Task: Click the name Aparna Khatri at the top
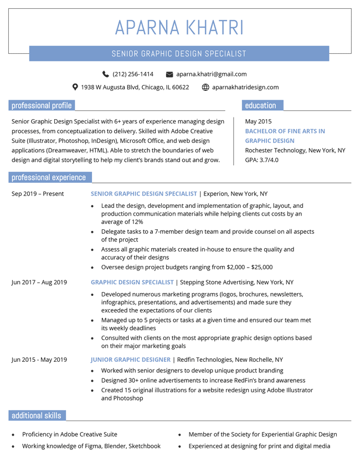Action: click(x=179, y=27)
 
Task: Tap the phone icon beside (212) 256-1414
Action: click(x=106, y=74)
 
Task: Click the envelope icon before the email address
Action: click(x=170, y=74)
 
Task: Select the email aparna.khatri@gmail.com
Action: click(x=211, y=74)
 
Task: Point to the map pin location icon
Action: click(x=75, y=87)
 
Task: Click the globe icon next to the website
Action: click(x=205, y=87)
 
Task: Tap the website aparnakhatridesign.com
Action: click(x=245, y=87)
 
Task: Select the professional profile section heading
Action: click(x=42, y=105)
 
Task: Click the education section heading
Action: click(x=260, y=105)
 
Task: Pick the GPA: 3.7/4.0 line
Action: click(x=261, y=160)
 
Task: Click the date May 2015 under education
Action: click(x=258, y=121)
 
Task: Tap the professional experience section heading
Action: click(x=49, y=177)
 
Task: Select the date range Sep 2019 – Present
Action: click(x=38, y=194)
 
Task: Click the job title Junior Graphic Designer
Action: click(x=131, y=360)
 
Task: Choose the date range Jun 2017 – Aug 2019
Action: click(x=39, y=282)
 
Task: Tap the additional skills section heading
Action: click(x=37, y=416)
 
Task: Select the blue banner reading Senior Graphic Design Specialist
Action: click(x=179, y=54)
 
